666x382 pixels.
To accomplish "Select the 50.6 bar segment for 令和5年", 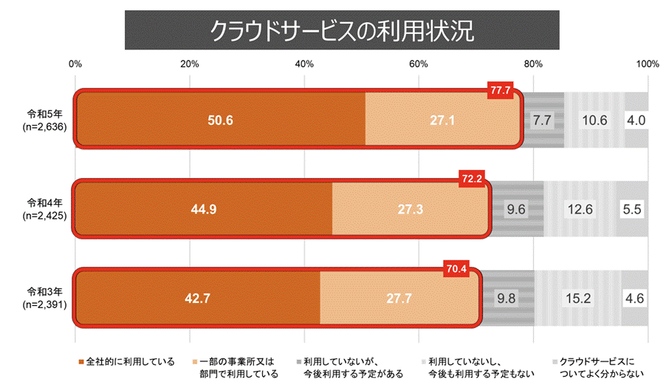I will (x=221, y=120).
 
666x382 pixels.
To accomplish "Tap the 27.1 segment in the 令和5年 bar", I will (x=443, y=120).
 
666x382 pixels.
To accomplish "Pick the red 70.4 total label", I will (x=456, y=269).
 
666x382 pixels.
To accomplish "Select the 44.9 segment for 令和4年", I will (x=203, y=209).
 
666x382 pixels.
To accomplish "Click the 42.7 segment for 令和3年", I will (x=197, y=299).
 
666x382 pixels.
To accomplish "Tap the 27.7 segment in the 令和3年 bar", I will (x=399, y=299).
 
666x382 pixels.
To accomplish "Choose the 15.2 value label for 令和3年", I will (x=577, y=299).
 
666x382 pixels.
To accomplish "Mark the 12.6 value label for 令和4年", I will (x=579, y=209).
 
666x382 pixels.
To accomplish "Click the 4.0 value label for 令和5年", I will (x=636, y=120).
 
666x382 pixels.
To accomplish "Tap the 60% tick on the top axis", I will (x=419, y=64).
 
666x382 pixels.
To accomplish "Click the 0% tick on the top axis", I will (x=75, y=64).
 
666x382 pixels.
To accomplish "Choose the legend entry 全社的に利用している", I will (x=126, y=361).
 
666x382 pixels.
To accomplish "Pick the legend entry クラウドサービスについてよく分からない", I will (x=597, y=367).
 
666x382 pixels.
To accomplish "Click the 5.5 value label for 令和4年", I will (x=632, y=209).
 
